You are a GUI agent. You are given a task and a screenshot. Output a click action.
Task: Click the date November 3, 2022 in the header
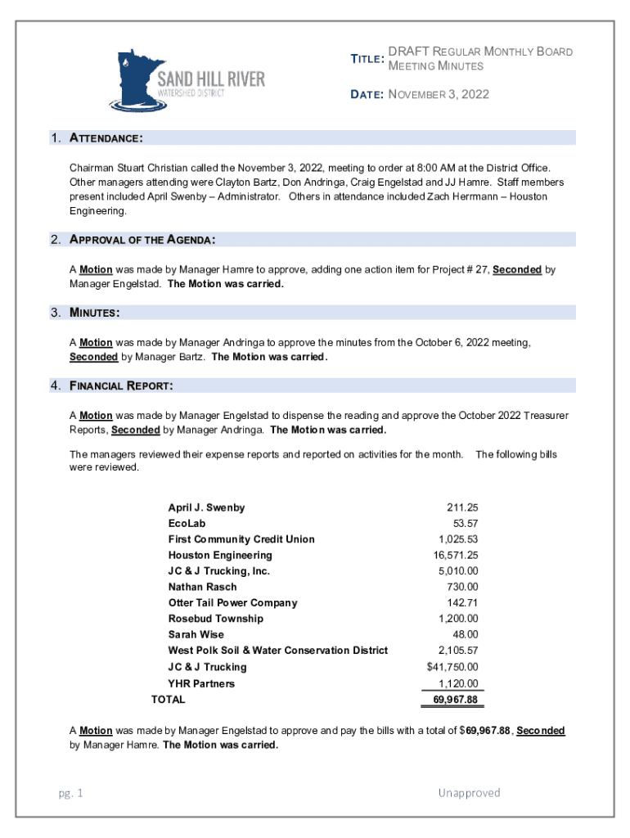439,94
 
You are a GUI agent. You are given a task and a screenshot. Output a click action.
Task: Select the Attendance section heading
107,137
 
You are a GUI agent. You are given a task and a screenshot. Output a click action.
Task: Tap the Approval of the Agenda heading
143,240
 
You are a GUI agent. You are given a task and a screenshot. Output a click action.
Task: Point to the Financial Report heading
121,385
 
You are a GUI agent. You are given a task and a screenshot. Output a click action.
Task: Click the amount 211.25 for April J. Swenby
462,507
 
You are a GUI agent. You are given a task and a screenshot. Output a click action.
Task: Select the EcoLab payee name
187,524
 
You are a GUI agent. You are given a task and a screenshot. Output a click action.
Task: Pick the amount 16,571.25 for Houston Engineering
456,556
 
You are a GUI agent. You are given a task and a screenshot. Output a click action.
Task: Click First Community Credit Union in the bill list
241,539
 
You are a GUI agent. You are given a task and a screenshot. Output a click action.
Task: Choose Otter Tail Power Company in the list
232,603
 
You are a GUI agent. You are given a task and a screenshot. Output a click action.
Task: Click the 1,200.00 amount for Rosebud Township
458,619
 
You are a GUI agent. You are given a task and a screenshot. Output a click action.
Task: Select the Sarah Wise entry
196,635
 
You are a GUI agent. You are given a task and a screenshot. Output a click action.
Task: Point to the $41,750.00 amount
452,667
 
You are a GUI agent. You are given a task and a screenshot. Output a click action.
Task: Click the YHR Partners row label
201,683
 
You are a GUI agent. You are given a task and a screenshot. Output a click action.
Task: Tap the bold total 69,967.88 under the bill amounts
453,700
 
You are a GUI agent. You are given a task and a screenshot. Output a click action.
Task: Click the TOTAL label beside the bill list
169,700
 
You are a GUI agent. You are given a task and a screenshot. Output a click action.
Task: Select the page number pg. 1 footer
70,793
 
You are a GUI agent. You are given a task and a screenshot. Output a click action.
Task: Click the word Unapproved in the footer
469,793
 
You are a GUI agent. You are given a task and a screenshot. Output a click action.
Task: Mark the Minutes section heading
96,313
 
